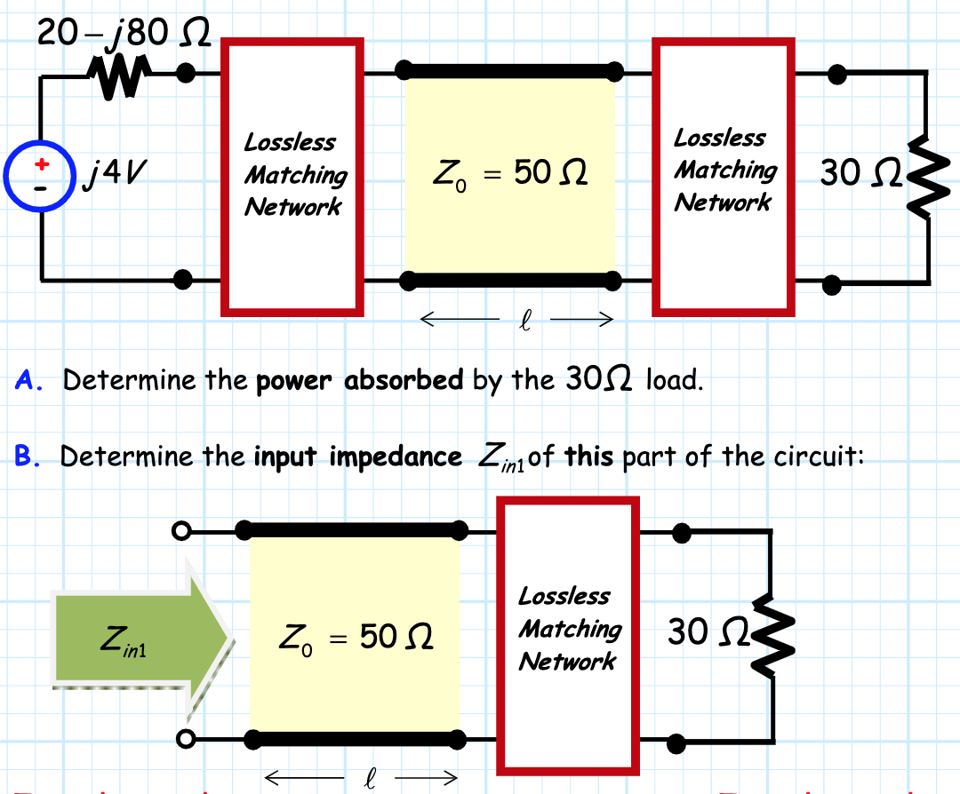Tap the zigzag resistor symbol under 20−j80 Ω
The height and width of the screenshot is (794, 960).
point(119,78)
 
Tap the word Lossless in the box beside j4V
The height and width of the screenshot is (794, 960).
point(290,142)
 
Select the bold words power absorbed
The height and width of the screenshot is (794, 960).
point(360,381)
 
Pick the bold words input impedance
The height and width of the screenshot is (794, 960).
point(357,457)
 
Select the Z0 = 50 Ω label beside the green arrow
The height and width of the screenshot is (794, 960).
point(356,636)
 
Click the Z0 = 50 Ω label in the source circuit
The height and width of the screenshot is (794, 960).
point(510,173)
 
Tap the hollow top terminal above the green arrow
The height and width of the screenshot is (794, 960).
point(181,531)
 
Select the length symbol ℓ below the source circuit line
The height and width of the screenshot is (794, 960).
point(517,320)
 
